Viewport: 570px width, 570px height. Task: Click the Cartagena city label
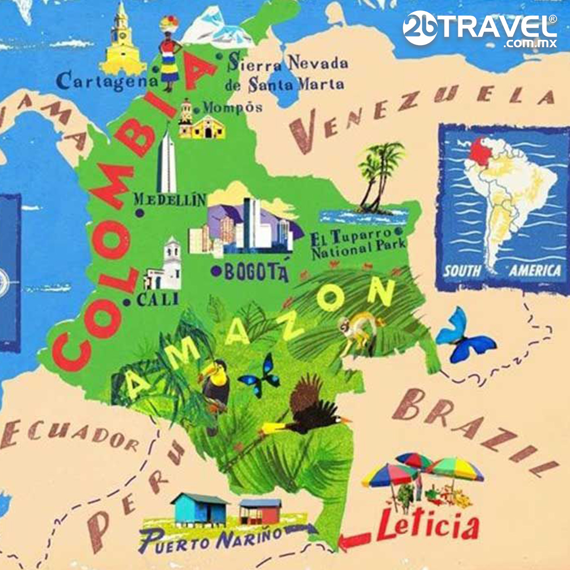click(x=107, y=81)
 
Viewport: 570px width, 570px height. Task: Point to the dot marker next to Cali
click(x=127, y=302)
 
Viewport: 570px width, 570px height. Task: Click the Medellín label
click(x=170, y=199)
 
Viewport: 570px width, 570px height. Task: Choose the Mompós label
click(x=233, y=108)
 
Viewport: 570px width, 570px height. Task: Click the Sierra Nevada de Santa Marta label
click(x=287, y=74)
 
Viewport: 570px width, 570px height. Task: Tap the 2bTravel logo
click(x=480, y=28)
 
